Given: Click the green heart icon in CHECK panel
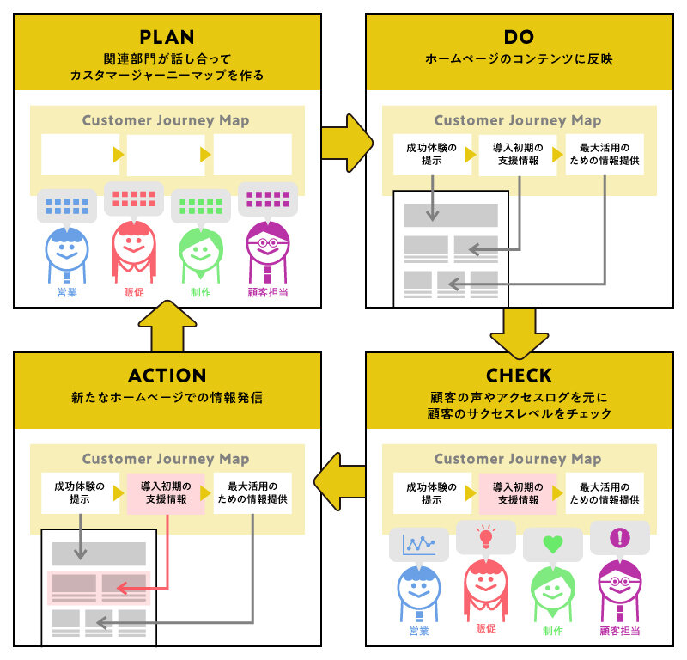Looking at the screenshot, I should click(552, 544).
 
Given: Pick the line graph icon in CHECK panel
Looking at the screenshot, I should click(418, 544).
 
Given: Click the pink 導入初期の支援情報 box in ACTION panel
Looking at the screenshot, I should click(166, 493).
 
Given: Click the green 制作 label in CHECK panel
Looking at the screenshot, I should click(552, 631).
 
